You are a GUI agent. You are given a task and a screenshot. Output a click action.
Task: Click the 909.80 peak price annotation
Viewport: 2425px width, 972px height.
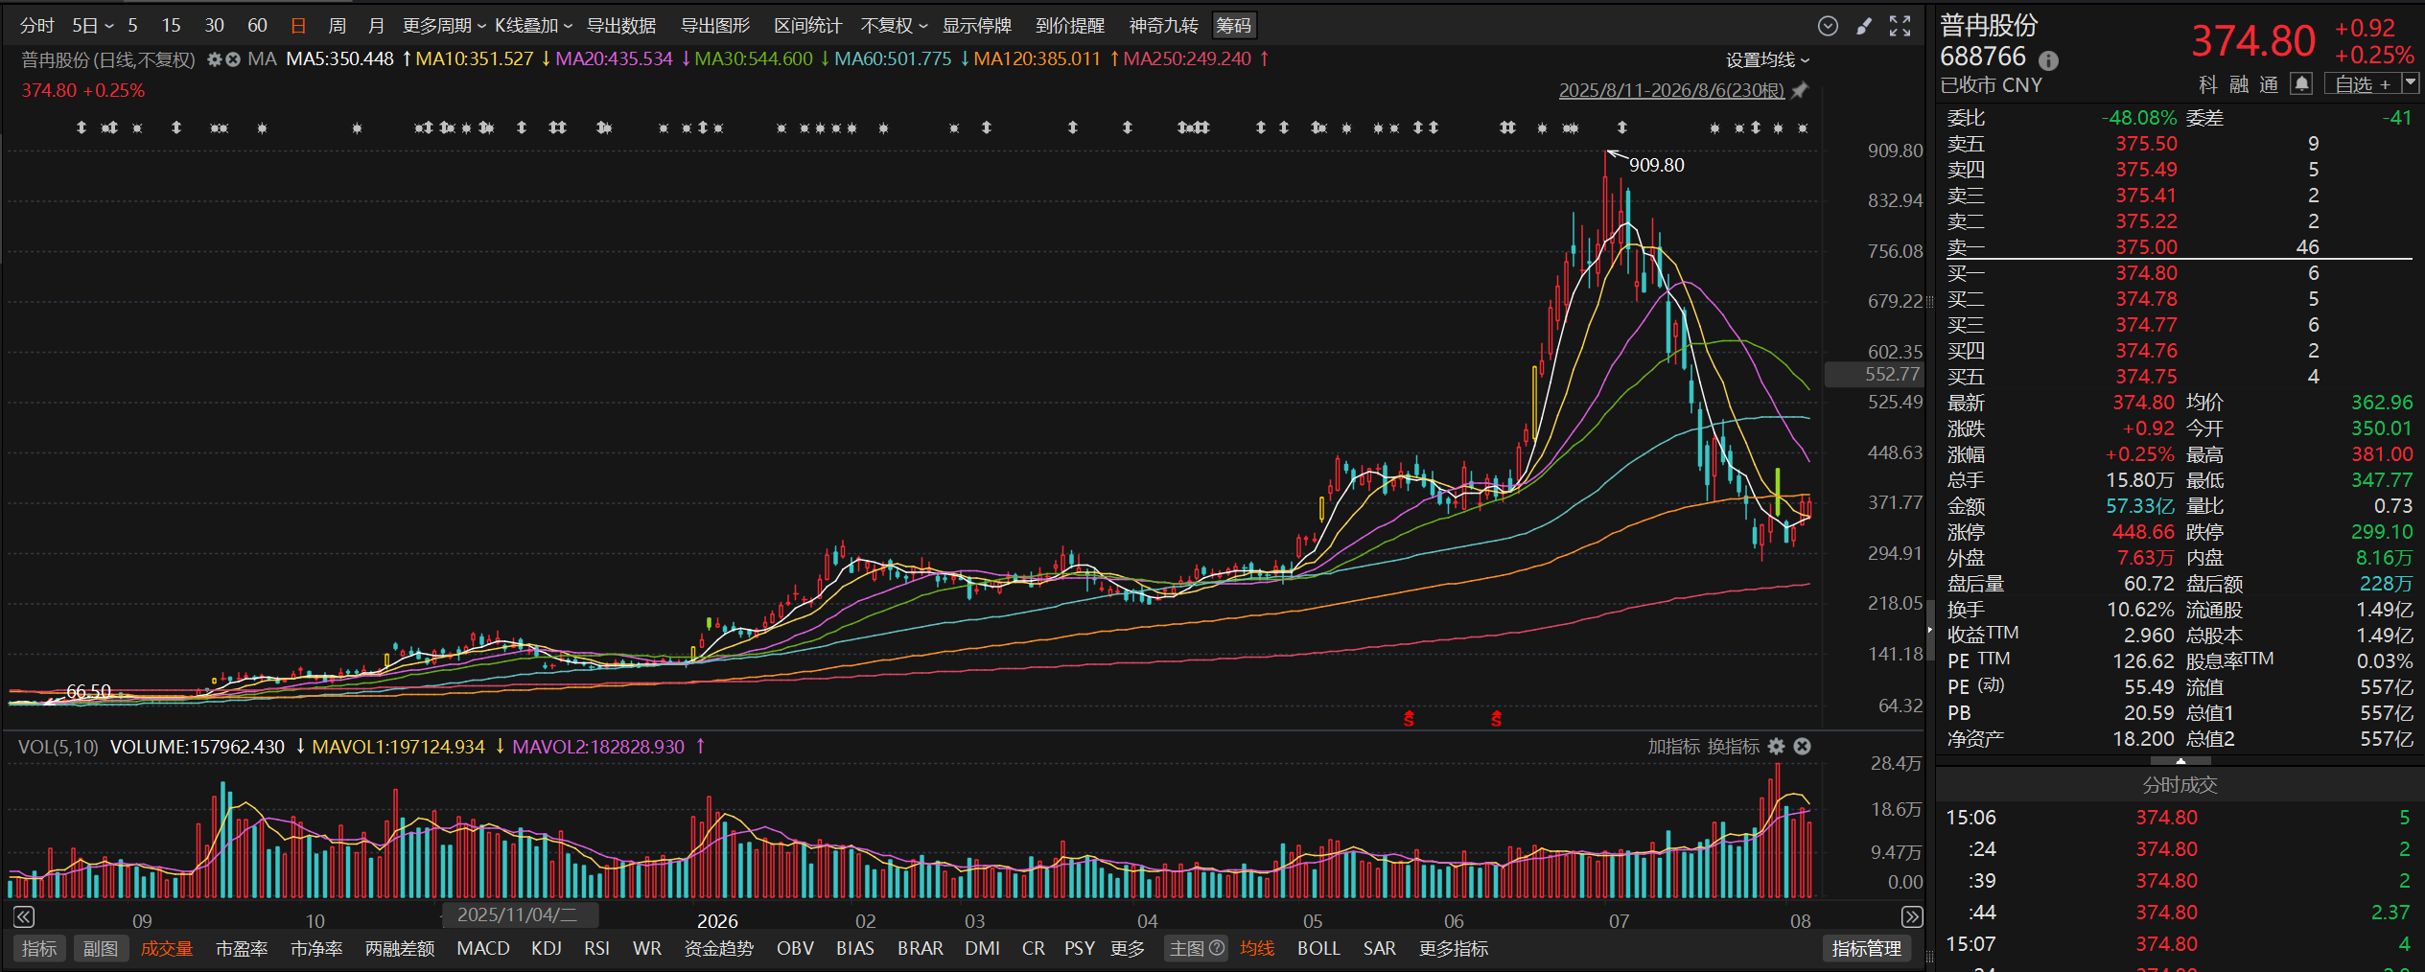point(1656,165)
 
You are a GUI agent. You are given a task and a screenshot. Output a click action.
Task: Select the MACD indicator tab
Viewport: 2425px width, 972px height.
point(483,948)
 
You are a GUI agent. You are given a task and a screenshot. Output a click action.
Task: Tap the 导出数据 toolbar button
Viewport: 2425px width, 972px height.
point(621,26)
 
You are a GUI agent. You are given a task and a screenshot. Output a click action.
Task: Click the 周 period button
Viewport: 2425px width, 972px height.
point(337,26)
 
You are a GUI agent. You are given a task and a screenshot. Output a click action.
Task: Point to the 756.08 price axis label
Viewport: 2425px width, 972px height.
point(1895,251)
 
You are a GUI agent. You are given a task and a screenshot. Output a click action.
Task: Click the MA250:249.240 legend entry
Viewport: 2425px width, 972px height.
point(1187,58)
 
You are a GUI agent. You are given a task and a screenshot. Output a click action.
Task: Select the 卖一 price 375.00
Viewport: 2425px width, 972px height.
point(2146,247)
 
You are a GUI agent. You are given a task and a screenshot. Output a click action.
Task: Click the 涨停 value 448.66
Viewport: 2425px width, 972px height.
point(2143,532)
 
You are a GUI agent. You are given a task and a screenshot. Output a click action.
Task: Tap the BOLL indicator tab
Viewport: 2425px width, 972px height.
point(1318,948)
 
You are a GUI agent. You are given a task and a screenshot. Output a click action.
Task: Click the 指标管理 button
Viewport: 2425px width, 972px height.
point(1866,948)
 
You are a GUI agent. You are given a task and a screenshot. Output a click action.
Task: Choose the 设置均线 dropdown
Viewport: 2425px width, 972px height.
point(1767,60)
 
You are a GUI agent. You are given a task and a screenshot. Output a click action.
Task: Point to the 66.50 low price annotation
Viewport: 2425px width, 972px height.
point(88,691)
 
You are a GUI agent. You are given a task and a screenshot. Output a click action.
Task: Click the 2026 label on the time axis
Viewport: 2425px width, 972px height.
point(717,921)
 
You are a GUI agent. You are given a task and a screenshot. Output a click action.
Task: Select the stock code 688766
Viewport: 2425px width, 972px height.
point(1983,57)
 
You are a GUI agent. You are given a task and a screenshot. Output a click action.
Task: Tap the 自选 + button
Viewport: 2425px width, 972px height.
point(2363,84)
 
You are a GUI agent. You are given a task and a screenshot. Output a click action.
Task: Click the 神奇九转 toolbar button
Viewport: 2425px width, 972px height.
point(1163,26)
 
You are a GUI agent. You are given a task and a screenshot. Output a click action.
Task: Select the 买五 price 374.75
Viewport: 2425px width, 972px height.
point(2146,377)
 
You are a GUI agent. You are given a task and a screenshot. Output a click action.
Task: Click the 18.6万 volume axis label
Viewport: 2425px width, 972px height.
point(1896,810)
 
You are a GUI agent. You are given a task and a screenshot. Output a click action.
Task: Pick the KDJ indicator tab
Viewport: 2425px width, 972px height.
point(547,948)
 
